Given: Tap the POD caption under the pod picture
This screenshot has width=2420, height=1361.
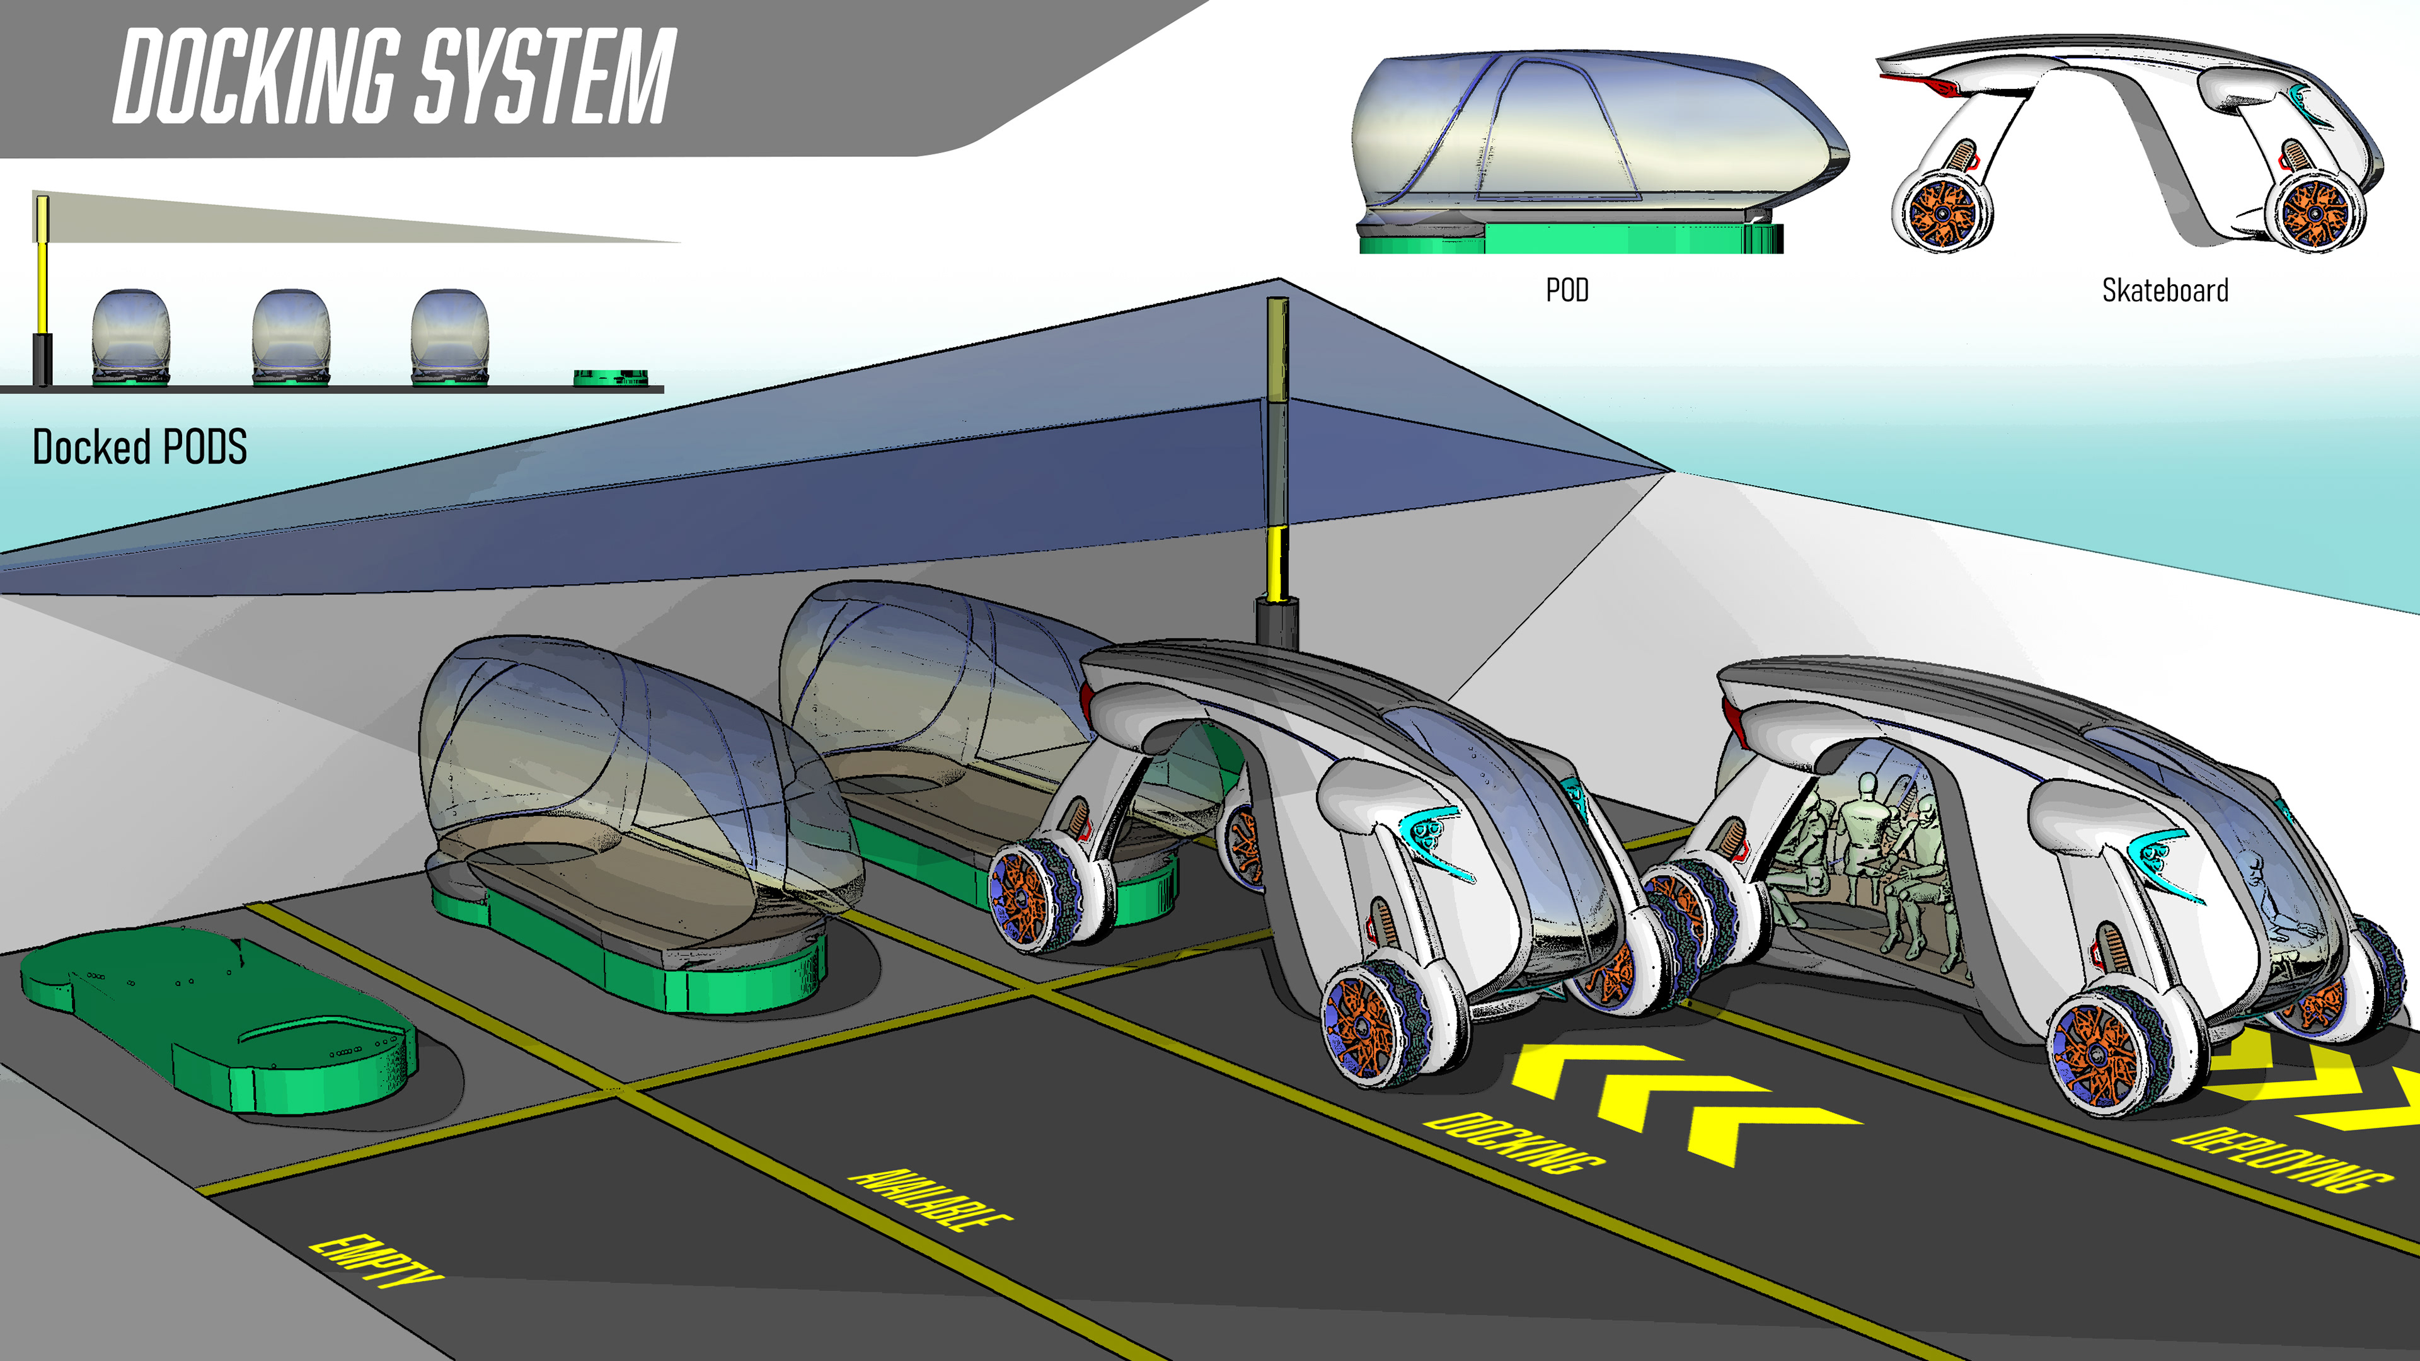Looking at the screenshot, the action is (x=1567, y=290).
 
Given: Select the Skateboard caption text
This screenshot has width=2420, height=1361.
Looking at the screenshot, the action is (x=2165, y=290).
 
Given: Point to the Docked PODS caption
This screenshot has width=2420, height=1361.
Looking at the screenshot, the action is (x=140, y=447).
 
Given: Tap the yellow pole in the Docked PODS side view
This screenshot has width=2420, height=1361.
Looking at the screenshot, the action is (x=42, y=272).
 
